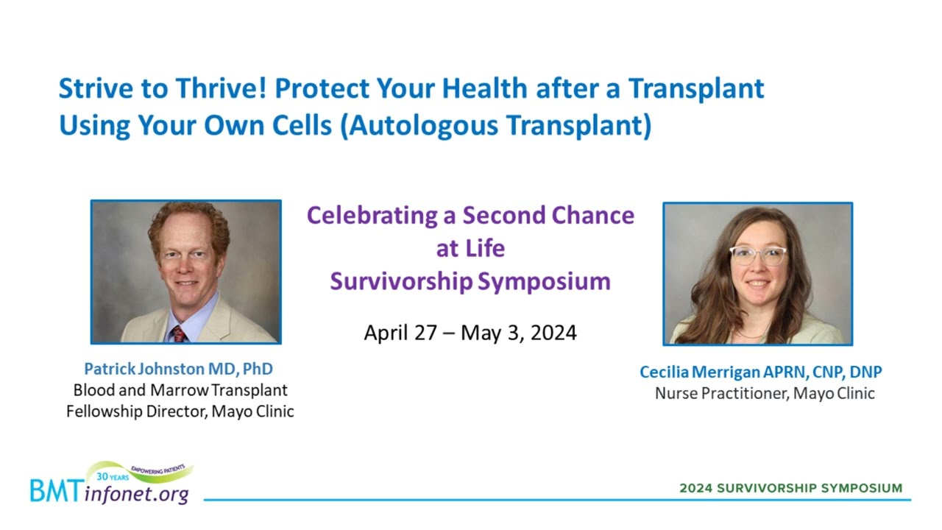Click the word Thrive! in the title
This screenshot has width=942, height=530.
pyautogui.click(x=222, y=88)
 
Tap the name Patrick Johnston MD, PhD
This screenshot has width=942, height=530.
pyautogui.click(x=179, y=369)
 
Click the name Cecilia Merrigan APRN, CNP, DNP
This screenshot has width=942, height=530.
pyautogui.click(x=761, y=372)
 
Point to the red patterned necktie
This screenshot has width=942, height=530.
pyautogui.click(x=179, y=334)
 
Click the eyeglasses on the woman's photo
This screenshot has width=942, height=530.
pyautogui.click(x=758, y=255)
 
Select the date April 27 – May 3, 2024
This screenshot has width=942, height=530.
pyautogui.click(x=470, y=333)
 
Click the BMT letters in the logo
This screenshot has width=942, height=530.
pyautogui.click(x=56, y=491)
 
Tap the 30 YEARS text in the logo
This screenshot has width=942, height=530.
pyautogui.click(x=113, y=477)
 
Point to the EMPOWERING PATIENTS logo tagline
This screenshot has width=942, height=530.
pyautogui.click(x=158, y=469)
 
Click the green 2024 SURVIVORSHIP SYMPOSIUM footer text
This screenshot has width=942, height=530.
pyautogui.click(x=791, y=488)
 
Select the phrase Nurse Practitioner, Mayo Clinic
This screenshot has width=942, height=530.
pyautogui.click(x=765, y=393)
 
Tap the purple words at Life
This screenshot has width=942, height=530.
pyautogui.click(x=470, y=248)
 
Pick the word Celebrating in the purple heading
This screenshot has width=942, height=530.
pyautogui.click(x=372, y=216)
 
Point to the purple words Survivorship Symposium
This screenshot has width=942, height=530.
pyautogui.click(x=470, y=281)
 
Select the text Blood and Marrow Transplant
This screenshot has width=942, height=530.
pyautogui.click(x=180, y=390)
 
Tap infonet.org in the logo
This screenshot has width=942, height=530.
pyautogui.click(x=137, y=494)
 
